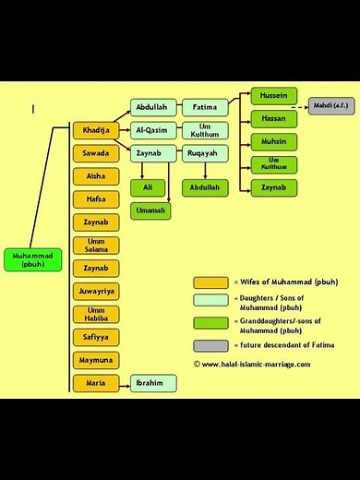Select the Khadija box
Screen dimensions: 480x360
[x=96, y=130]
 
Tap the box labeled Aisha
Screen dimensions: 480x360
[x=96, y=175]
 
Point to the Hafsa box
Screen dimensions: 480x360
[x=96, y=198]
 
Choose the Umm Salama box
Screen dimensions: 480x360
[x=96, y=245]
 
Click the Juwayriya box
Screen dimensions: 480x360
[x=96, y=291]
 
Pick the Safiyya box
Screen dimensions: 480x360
[x=96, y=337]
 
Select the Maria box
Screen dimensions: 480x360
[x=96, y=382]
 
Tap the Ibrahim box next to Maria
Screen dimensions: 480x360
[x=152, y=382]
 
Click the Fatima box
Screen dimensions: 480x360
[x=204, y=107]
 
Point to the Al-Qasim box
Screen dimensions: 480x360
[x=152, y=130]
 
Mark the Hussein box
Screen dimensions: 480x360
[x=273, y=96]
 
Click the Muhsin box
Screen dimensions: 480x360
[x=273, y=142]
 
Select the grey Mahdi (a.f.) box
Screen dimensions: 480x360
[x=330, y=105]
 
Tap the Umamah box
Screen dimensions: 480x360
[x=152, y=210]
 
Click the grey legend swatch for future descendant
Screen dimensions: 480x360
[x=210, y=344]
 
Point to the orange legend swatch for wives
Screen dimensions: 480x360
[x=210, y=282]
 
